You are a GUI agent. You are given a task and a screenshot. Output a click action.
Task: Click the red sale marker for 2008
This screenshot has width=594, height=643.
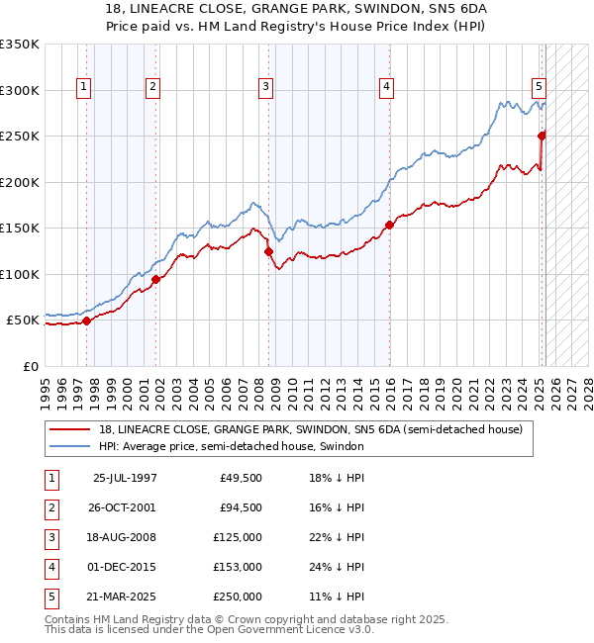click(x=268, y=252)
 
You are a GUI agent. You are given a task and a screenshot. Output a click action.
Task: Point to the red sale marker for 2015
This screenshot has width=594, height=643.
click(x=389, y=226)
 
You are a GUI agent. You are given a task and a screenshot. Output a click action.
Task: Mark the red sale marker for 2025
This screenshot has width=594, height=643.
click(x=542, y=136)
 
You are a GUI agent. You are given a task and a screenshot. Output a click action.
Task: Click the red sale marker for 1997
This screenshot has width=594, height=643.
click(x=86, y=321)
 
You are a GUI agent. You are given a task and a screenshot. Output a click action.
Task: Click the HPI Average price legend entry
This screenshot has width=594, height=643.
click(x=231, y=447)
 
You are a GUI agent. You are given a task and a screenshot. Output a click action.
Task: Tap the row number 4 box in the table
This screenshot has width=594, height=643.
click(x=50, y=567)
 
